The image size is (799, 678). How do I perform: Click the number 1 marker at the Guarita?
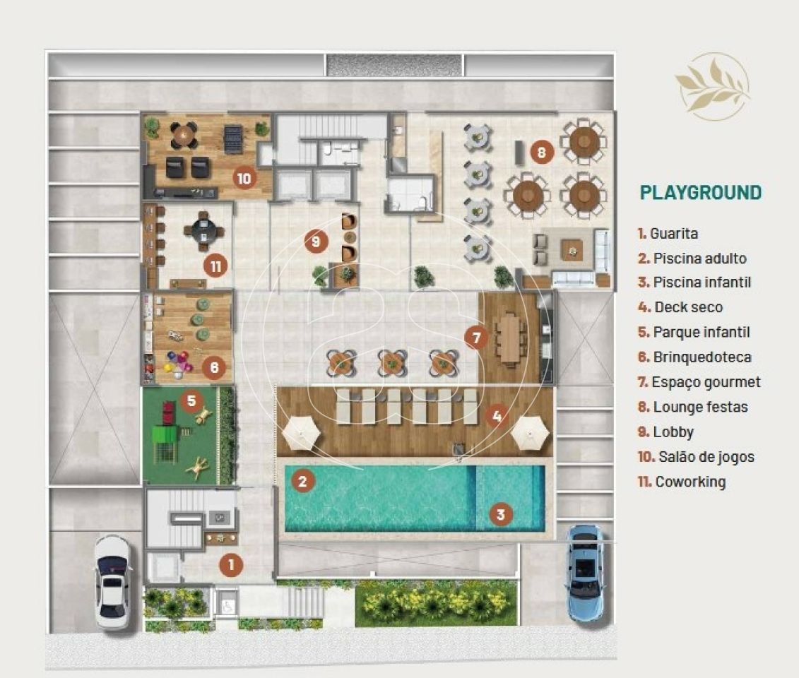pyautogui.click(x=231, y=564)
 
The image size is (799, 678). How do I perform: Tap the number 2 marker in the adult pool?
pyautogui.click(x=302, y=481)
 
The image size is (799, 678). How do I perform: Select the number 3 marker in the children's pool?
pyautogui.click(x=500, y=514)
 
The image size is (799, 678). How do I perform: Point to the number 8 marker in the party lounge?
pyautogui.click(x=541, y=152)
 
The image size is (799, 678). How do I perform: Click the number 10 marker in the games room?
pyautogui.click(x=244, y=178)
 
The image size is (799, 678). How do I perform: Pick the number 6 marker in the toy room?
pyautogui.click(x=214, y=367)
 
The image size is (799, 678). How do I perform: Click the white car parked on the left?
pyautogui.click(x=113, y=582)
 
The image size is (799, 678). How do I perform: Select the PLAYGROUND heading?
pyautogui.click(x=701, y=193)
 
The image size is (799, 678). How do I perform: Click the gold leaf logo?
pyautogui.click(x=713, y=86)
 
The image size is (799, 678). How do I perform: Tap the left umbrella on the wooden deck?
pyautogui.click(x=301, y=433)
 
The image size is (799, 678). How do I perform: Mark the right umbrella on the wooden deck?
pyautogui.click(x=530, y=433)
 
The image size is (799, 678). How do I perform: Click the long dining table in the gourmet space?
pyautogui.click(x=510, y=339)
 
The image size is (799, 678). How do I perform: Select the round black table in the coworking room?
pyautogui.click(x=203, y=231)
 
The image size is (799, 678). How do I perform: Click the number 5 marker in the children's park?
pyautogui.click(x=191, y=400)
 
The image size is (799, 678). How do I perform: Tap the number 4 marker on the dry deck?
pyautogui.click(x=497, y=416)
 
